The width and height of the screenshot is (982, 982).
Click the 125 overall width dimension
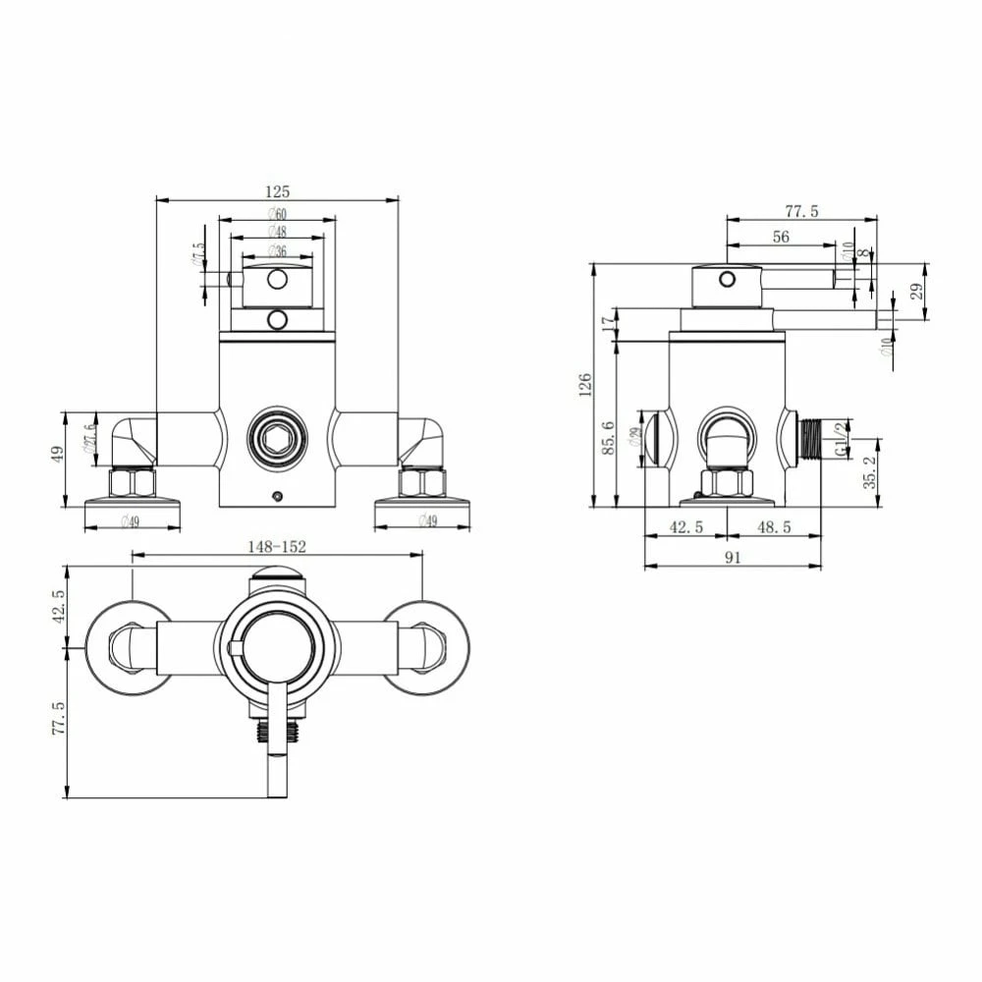pyautogui.click(x=278, y=191)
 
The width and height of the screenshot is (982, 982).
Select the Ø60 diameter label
pyautogui.click(x=277, y=214)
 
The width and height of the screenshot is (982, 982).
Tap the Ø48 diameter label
pyautogui.click(x=277, y=232)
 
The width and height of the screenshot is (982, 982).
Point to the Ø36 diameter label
pyautogui.click(x=277, y=250)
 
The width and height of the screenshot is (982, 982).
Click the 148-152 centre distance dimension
pyautogui.click(x=277, y=546)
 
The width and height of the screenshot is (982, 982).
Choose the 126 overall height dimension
pyautogui.click(x=586, y=385)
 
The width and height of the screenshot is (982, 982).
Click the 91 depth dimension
pyautogui.click(x=733, y=557)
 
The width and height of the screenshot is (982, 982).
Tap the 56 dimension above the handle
pyautogui.click(x=781, y=237)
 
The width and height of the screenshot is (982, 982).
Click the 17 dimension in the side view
pyautogui.click(x=609, y=319)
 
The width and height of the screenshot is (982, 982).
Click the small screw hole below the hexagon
pyautogui.click(x=278, y=495)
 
